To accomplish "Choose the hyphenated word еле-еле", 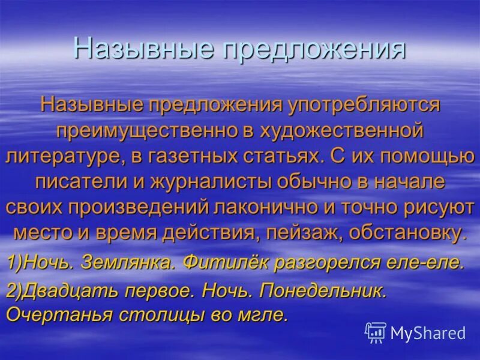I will [x=430, y=262].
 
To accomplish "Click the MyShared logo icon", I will [x=375, y=332].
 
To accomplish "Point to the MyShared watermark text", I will [x=428, y=332].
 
